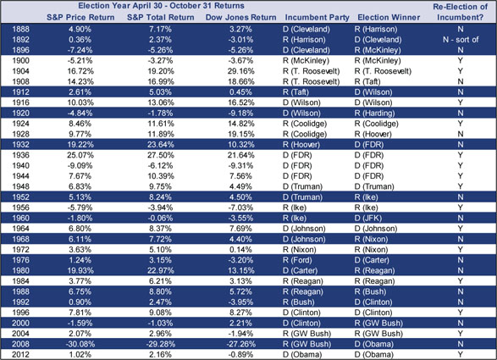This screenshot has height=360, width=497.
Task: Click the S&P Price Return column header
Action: [80, 18]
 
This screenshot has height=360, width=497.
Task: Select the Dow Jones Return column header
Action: [241, 18]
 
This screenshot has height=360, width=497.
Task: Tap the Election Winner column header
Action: [389, 18]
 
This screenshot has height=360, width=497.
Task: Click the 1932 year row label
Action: [20, 145]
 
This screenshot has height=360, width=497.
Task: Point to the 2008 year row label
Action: [20, 344]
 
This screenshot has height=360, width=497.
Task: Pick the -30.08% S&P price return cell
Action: [80, 344]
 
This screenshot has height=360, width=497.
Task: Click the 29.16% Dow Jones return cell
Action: [241, 71]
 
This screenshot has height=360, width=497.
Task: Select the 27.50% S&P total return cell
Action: [161, 155]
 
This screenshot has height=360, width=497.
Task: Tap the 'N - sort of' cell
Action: [461, 40]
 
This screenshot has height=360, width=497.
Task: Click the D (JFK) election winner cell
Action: [368, 219]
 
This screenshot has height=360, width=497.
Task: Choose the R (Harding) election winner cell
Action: [374, 114]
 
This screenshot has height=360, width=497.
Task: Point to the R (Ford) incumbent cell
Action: [297, 260]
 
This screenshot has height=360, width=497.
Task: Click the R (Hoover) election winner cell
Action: [373, 134]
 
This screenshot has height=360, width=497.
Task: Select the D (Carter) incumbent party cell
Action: [300, 270]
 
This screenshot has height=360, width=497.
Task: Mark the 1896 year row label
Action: [20, 50]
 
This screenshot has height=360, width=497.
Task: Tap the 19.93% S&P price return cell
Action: [80, 270]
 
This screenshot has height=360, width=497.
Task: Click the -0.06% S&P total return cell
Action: [161, 219]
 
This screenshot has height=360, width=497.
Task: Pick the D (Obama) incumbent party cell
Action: [302, 354]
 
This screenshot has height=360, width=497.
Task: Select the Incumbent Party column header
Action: [317, 18]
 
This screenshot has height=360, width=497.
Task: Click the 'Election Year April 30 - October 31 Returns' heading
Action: [162, 6]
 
